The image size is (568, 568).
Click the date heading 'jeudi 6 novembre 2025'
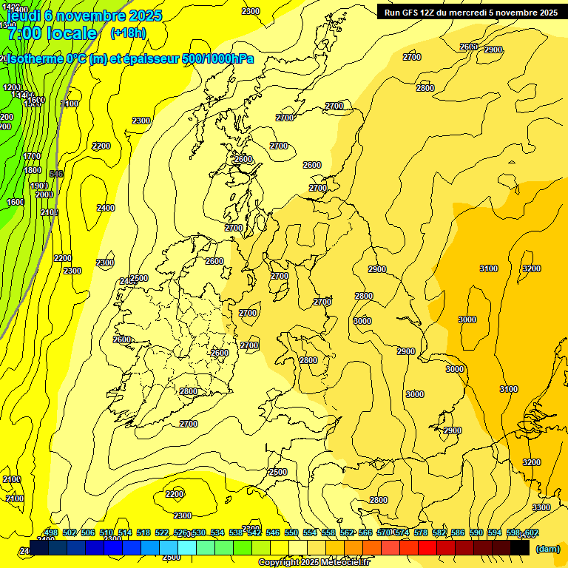(x=83, y=15)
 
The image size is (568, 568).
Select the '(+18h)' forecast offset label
(x=128, y=33)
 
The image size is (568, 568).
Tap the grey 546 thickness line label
(x=56, y=175)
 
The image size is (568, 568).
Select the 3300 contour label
(x=541, y=507)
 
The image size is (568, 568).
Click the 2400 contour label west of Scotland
(x=106, y=208)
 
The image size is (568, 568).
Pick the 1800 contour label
(x=33, y=170)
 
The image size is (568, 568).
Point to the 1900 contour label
(x=39, y=186)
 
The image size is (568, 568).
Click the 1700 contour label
(x=32, y=156)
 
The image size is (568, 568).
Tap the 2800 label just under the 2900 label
(x=363, y=296)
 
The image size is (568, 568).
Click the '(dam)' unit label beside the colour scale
(x=547, y=549)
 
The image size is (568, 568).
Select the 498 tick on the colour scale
(x=51, y=532)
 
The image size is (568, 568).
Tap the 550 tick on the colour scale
(x=291, y=532)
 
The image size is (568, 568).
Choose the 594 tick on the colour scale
(x=495, y=532)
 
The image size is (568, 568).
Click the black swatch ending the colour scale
(x=520, y=549)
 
